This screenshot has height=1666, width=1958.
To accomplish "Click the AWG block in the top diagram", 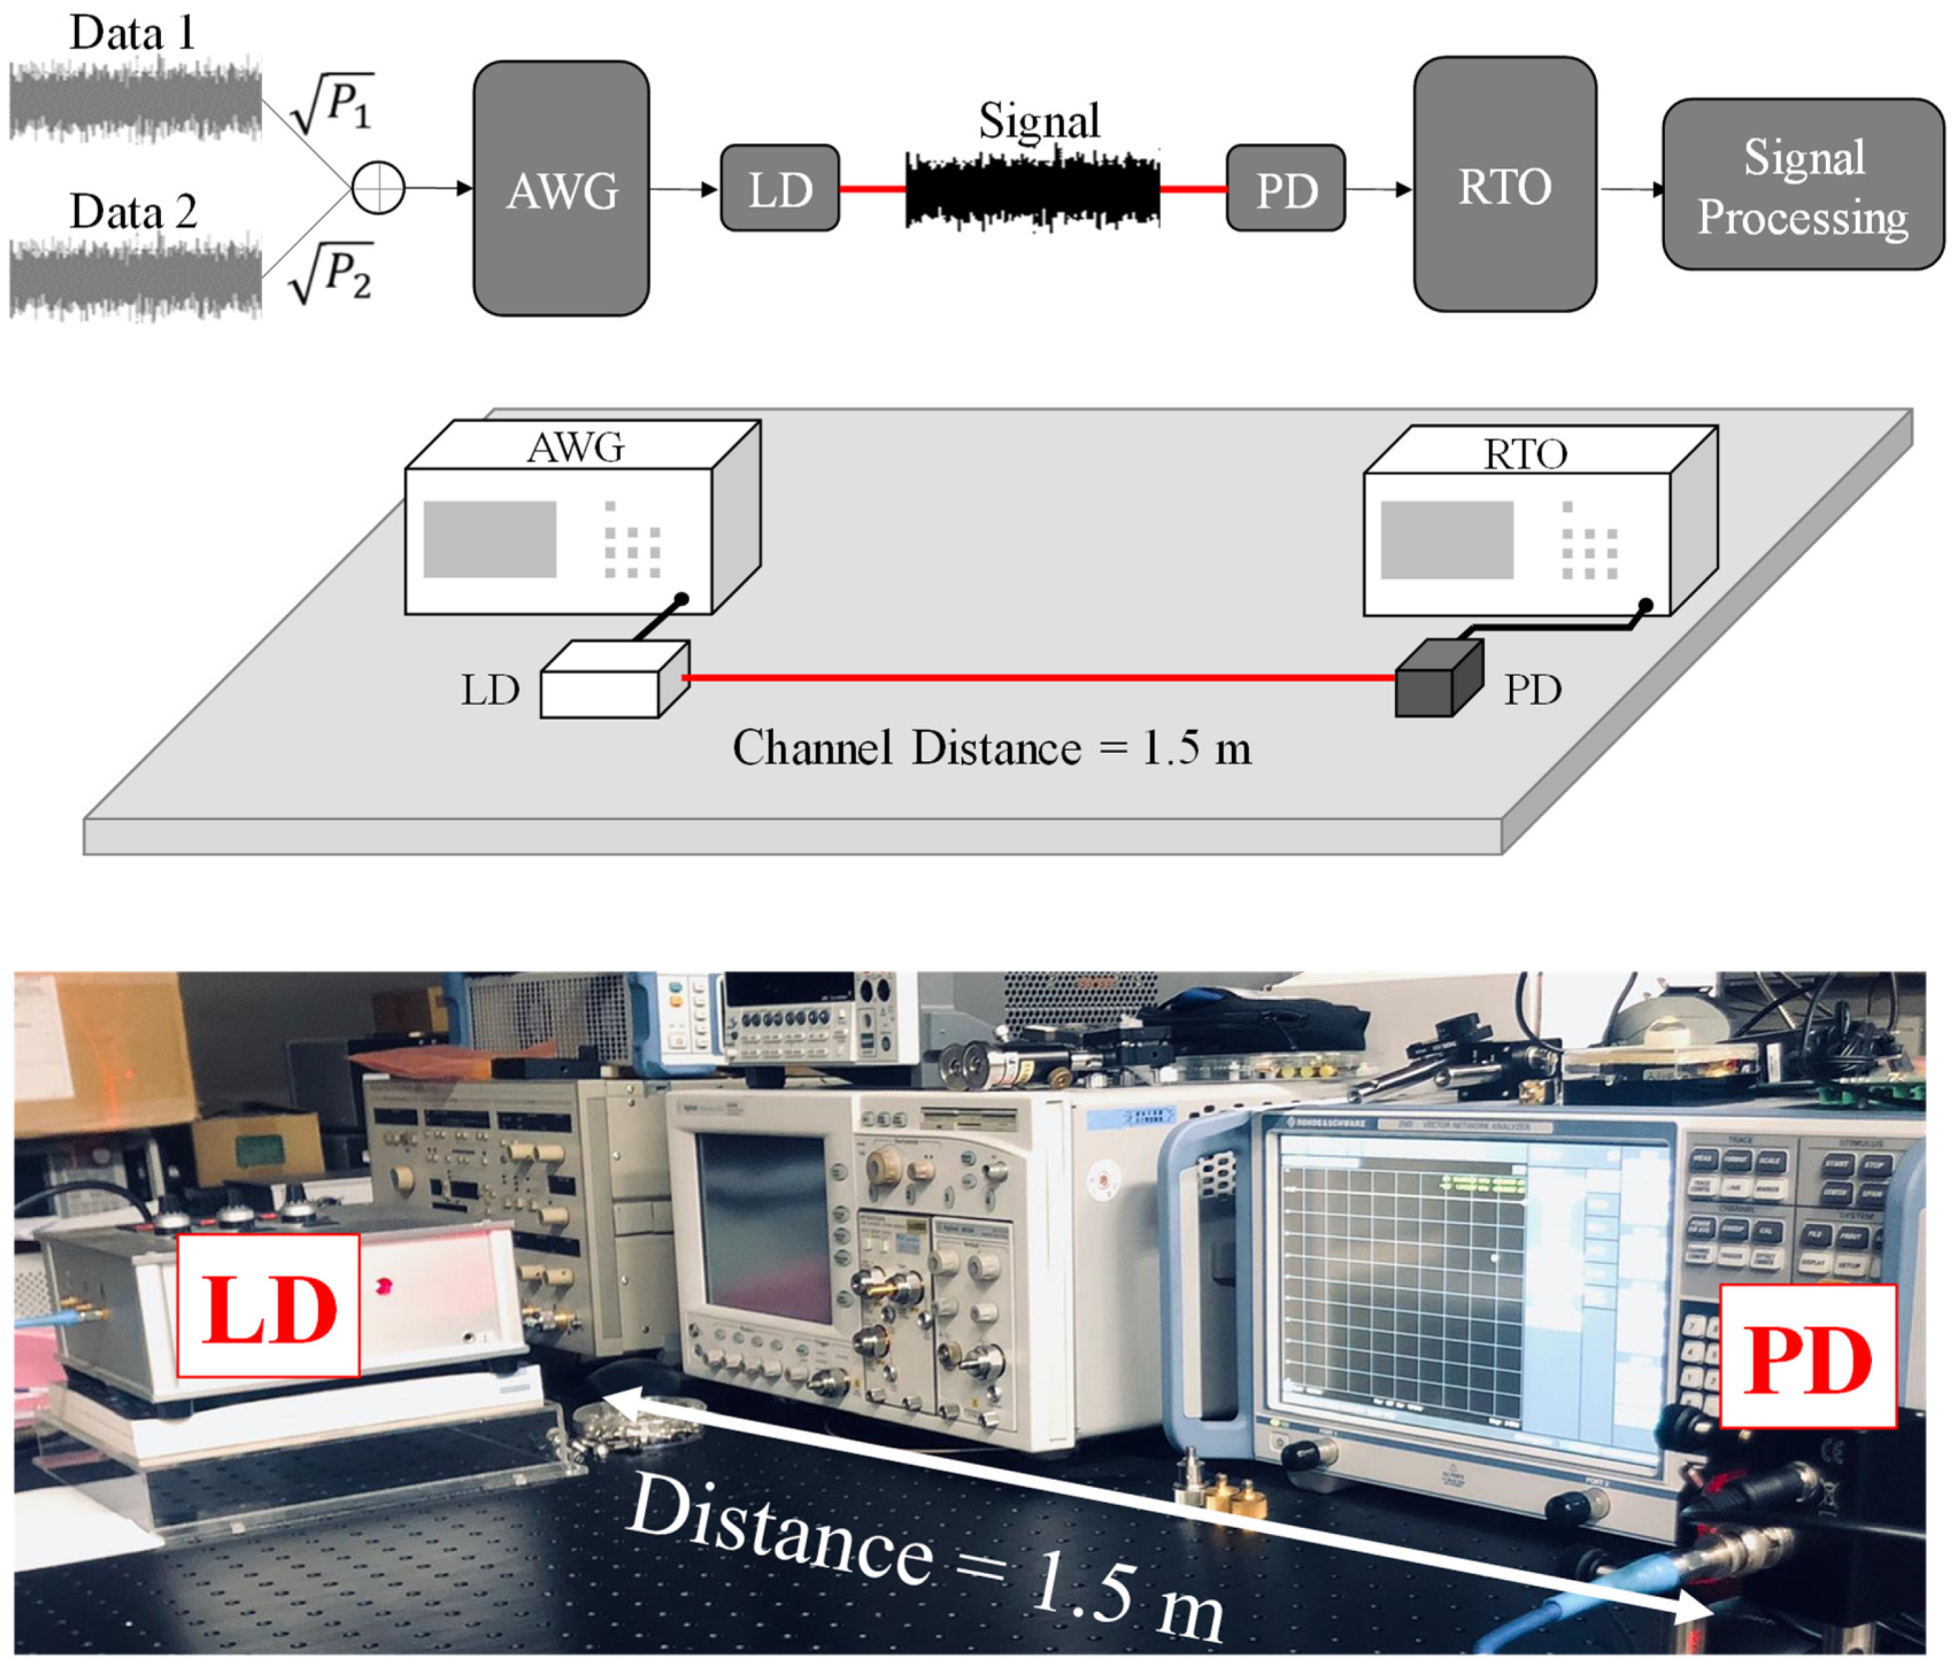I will point(561,189).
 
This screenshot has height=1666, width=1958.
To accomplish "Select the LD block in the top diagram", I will point(779,188).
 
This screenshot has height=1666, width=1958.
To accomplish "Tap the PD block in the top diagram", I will point(1285,188).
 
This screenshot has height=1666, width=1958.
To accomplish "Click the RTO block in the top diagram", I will point(1505,184).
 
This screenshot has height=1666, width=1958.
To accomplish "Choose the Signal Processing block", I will point(1802,185).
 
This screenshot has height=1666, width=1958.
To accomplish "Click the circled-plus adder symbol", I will point(378,187).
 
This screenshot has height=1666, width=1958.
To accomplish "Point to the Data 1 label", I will point(132,34).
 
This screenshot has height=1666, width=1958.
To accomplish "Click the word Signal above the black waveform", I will point(1039,121).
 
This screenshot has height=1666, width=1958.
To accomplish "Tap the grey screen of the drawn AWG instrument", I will point(489,538).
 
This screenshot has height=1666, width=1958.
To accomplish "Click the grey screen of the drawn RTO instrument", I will point(1446,539).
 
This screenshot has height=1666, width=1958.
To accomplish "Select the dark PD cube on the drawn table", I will point(1431,687).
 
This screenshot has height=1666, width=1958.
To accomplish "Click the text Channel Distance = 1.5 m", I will point(992,748).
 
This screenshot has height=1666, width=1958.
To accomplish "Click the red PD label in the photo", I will point(1807,1357).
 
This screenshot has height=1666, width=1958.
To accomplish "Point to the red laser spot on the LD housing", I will point(384,1286).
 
